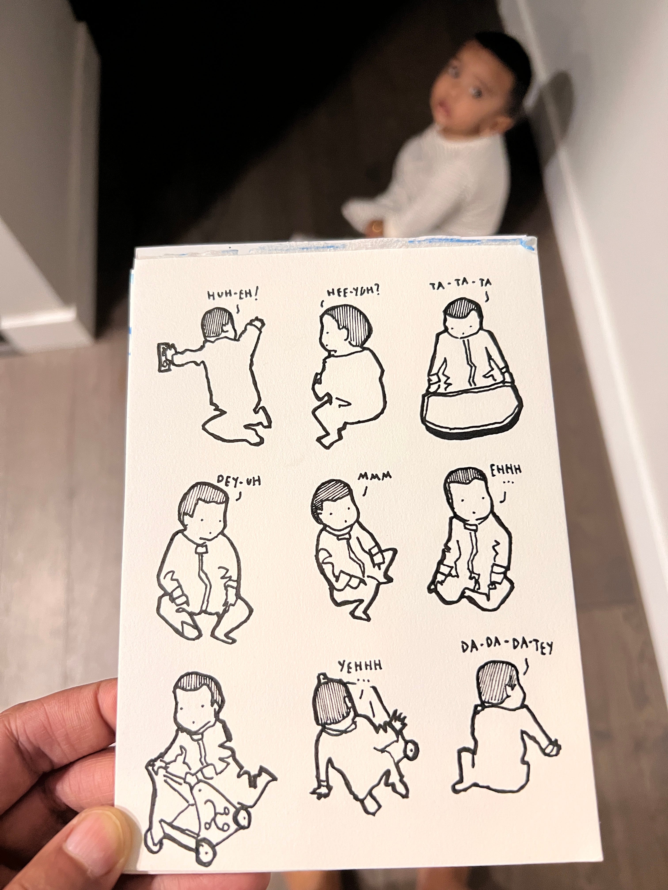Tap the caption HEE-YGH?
(x=353, y=291)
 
